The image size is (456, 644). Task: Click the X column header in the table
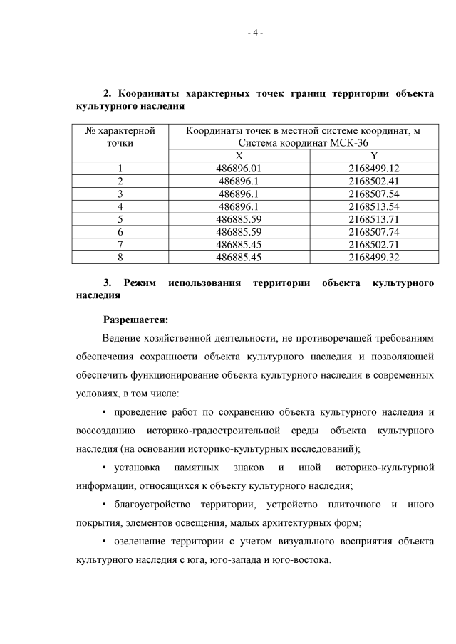pos(239,156)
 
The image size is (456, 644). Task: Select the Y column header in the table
pos(374,156)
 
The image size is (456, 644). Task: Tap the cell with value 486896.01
pos(239,169)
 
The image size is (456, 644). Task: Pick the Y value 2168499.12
pos(374,169)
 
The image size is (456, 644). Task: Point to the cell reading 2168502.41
pos(374,181)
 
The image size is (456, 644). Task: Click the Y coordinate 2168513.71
pos(374,218)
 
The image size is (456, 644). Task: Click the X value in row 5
pos(239,218)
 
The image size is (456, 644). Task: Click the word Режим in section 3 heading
pos(139,283)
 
